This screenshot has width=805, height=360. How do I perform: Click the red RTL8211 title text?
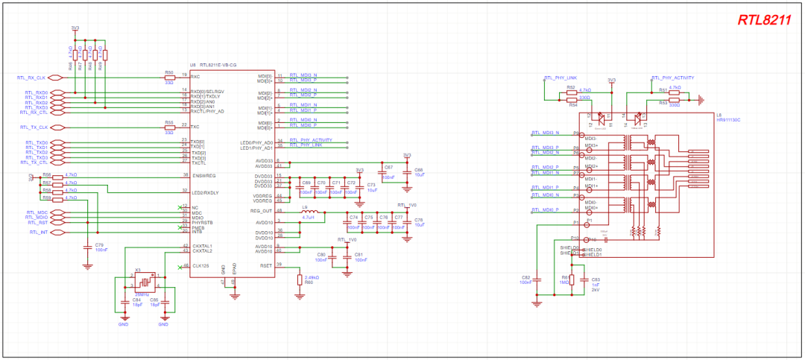[763, 20]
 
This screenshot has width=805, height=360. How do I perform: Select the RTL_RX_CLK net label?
[31, 77]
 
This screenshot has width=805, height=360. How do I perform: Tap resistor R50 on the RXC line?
[169, 77]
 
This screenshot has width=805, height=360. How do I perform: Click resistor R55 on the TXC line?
[169, 127]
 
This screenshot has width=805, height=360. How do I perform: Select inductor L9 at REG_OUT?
[310, 216]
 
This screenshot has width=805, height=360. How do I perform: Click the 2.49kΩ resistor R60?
[300, 280]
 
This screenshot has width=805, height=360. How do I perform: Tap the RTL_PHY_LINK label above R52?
[561, 78]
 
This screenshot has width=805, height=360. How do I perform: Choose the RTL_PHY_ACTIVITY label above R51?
[674, 78]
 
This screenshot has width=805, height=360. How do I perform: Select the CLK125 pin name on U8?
[201, 265]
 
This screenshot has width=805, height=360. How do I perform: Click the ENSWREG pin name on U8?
[203, 175]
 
